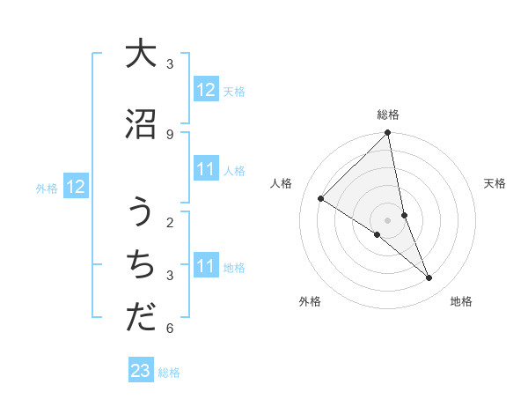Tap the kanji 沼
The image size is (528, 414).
point(141,124)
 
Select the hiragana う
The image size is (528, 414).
point(141,213)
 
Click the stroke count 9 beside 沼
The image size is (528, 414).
point(170,134)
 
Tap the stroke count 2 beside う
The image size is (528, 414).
point(170,222)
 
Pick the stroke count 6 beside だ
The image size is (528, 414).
point(170,329)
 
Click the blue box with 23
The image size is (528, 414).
point(141,371)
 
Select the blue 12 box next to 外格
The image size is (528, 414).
point(76,187)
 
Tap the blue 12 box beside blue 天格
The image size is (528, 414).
point(206,90)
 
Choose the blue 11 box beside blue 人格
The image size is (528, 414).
point(206,169)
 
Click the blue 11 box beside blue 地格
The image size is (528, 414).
point(206,266)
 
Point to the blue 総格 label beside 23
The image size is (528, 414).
point(170,373)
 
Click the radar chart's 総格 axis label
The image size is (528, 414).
point(388,115)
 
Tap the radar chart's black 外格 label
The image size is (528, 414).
point(310,302)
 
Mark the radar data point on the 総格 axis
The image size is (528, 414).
point(388,134)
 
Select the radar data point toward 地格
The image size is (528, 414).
point(429,278)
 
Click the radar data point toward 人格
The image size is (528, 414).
point(321,199)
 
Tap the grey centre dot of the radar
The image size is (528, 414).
point(388,220)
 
